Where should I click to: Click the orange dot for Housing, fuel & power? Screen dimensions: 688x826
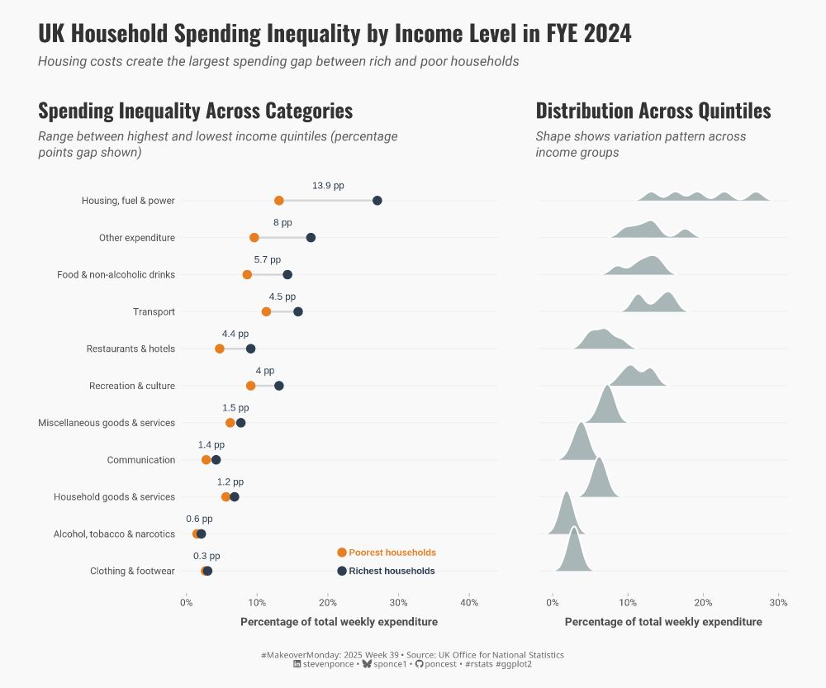click(279, 201)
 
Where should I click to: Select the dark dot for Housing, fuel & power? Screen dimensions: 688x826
click(377, 201)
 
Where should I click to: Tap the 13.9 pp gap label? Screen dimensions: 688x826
click(328, 186)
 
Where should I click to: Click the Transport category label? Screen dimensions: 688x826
click(154, 312)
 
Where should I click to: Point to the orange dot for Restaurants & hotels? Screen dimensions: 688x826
click(220, 349)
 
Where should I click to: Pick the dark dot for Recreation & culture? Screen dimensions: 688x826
click(279, 386)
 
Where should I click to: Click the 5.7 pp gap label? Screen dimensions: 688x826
click(267, 260)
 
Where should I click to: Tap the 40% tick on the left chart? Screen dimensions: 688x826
click(469, 601)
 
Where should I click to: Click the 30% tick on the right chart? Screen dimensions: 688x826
click(779, 601)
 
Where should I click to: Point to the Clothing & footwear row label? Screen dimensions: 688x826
click(132, 572)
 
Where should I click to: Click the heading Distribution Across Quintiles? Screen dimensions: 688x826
click(653, 111)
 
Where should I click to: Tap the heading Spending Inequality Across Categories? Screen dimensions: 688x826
click(195, 111)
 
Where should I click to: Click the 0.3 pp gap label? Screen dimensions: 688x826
click(206, 557)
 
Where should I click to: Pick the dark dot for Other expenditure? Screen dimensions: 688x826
click(311, 238)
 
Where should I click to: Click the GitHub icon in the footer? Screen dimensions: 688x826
click(419, 664)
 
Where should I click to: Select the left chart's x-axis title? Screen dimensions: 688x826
click(339, 622)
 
